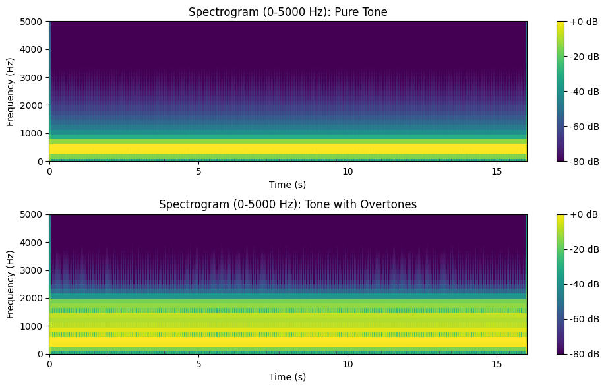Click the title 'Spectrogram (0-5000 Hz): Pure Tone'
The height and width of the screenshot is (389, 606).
pos(288,12)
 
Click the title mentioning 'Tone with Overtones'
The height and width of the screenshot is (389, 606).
pos(288,204)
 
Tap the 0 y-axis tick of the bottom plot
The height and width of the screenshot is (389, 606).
pos(41,354)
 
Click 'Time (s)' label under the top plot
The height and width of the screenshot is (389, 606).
pos(288,185)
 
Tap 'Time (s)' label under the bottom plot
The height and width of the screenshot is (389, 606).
pos(288,377)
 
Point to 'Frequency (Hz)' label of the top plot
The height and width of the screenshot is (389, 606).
pos(11,92)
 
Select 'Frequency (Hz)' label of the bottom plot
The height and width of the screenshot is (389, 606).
pos(11,284)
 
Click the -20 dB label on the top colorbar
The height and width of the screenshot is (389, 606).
pos(585,57)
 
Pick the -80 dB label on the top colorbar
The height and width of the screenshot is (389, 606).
pos(585,161)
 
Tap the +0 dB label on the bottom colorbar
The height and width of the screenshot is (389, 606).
pos(585,214)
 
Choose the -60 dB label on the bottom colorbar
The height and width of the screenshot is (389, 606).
pos(585,319)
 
